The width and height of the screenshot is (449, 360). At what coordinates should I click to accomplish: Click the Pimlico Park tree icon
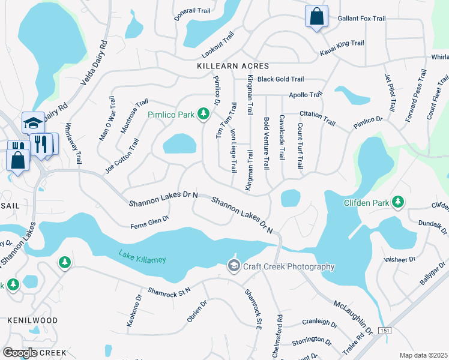click(203, 113)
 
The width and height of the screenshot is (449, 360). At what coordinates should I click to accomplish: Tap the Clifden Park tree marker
click(397, 202)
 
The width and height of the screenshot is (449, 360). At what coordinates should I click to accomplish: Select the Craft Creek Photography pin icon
click(233, 265)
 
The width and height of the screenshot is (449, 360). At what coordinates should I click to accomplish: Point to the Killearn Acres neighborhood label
click(233, 66)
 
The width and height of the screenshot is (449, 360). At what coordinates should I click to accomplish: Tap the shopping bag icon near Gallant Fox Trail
click(316, 16)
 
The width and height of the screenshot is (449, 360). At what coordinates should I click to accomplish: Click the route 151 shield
click(385, 331)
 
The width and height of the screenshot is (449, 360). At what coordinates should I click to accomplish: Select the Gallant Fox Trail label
click(361, 19)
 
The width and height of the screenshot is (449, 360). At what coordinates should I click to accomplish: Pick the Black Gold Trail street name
click(280, 79)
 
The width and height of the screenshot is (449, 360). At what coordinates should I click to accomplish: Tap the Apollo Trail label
click(306, 95)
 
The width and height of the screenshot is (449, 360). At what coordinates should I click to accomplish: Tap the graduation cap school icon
click(32, 123)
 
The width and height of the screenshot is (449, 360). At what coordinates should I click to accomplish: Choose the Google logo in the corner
click(20, 352)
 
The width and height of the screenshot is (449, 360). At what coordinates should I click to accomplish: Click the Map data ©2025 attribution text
click(423, 355)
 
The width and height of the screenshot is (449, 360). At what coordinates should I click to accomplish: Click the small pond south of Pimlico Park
click(179, 144)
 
